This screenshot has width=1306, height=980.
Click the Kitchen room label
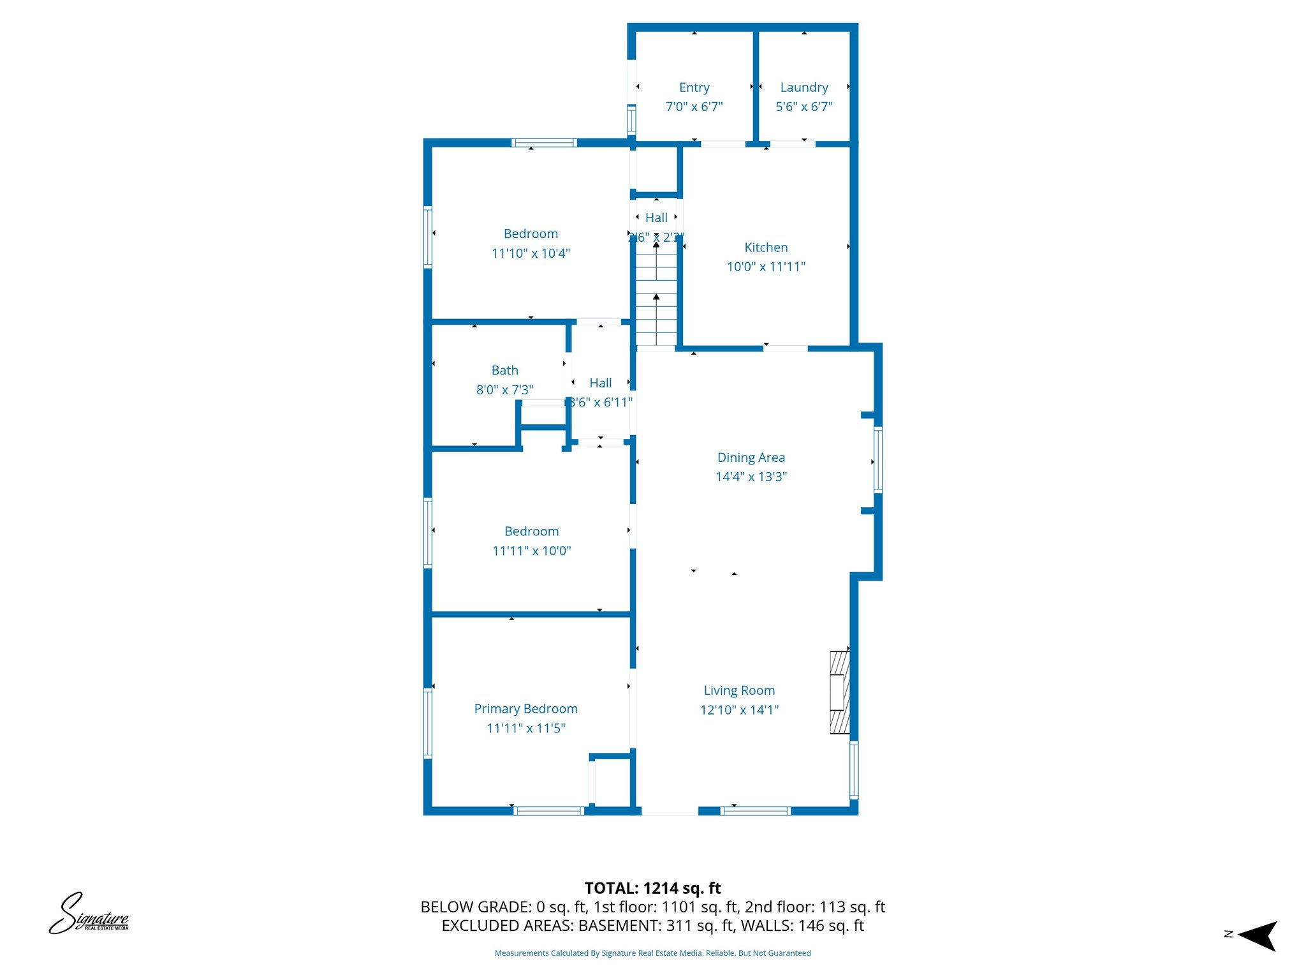766,248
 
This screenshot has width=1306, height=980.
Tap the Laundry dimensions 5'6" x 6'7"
803,107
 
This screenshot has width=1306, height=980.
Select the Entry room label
694,87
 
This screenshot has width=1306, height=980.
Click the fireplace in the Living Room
839,692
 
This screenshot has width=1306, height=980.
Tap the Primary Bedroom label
525,709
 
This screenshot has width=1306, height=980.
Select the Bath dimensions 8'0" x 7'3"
504,390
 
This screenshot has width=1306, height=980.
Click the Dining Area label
751,457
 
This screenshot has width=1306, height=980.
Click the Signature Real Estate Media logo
89,914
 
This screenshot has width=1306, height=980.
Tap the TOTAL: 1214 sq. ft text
652,888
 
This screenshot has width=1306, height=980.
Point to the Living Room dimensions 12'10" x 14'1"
739,710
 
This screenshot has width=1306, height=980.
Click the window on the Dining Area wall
878,460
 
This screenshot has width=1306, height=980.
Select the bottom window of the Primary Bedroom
548,811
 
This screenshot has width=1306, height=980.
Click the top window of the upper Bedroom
544,143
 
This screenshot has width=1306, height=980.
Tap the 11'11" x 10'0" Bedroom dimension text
531,551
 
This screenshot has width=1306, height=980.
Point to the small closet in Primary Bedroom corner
612,782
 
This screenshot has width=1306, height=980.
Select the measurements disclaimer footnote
652,953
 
